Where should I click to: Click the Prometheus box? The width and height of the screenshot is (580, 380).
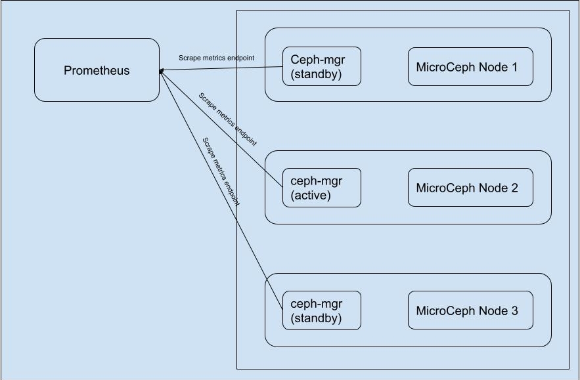click(97, 70)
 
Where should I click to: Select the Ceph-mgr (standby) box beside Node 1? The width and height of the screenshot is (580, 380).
click(321, 66)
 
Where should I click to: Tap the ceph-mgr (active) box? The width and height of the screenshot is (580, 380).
click(321, 188)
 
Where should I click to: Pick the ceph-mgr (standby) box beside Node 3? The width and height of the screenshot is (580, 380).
click(321, 310)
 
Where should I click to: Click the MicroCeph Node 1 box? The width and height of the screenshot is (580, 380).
click(470, 66)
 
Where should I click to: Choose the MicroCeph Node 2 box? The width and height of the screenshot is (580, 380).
click(470, 188)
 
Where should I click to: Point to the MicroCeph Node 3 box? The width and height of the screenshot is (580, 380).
click(470, 310)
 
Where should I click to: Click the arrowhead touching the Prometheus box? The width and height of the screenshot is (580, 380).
click(161, 70)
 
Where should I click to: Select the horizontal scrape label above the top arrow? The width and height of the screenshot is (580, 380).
click(216, 58)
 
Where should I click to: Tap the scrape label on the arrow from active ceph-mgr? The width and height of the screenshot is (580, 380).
click(227, 119)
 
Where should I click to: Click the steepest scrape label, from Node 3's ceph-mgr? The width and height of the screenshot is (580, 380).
click(221, 172)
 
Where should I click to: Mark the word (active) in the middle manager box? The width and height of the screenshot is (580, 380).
click(311, 195)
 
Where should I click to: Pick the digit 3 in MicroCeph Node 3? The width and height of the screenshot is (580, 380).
click(514, 310)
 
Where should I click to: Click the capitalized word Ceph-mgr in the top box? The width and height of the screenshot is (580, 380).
click(317, 59)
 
